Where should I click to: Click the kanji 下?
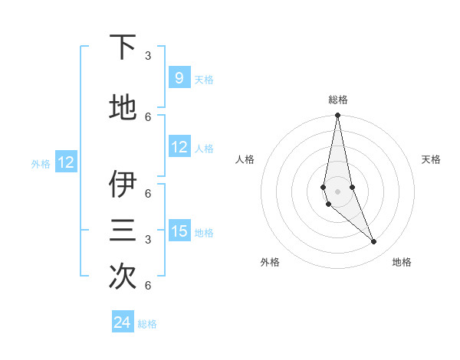[123, 47]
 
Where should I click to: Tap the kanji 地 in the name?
[123, 108]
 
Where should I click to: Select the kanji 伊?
[123, 185]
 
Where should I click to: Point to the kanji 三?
[123, 231]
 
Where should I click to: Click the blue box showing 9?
[179, 78]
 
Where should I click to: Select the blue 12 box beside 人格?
[179, 147]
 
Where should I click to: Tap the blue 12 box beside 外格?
[66, 162]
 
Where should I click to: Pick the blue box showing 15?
[179, 231]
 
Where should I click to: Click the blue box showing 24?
[122, 322]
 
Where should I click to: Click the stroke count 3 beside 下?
[148, 56]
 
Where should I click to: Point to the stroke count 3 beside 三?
[148, 240]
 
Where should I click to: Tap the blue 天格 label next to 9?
[204, 79]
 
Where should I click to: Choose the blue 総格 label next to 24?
[147, 324]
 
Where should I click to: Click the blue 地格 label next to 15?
[204, 232]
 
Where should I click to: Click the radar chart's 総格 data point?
[337, 116]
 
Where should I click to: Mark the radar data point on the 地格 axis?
[374, 241]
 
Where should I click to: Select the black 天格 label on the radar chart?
[431, 159]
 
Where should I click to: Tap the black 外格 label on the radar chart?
[270, 262]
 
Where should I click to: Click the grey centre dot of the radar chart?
[337, 191]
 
